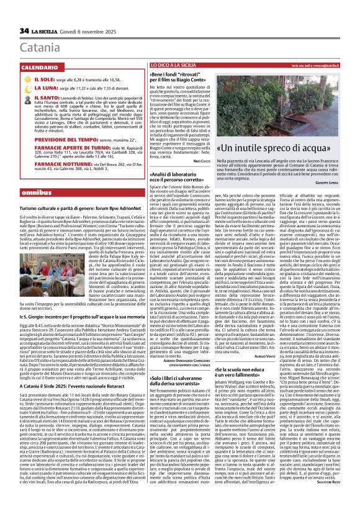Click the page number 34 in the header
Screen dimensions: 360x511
click(x=25, y=30)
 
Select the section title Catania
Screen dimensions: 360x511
click(x=37, y=47)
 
